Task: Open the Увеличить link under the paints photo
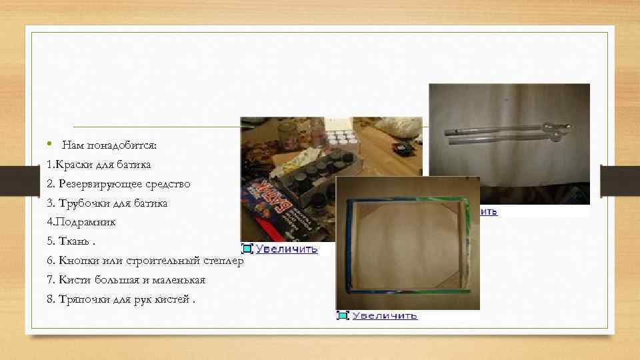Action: pos(287,249)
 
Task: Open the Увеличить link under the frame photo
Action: pos(385,315)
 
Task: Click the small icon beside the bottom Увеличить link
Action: pos(343,315)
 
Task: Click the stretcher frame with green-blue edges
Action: pos(407,243)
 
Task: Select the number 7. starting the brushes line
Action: pos(51,279)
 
